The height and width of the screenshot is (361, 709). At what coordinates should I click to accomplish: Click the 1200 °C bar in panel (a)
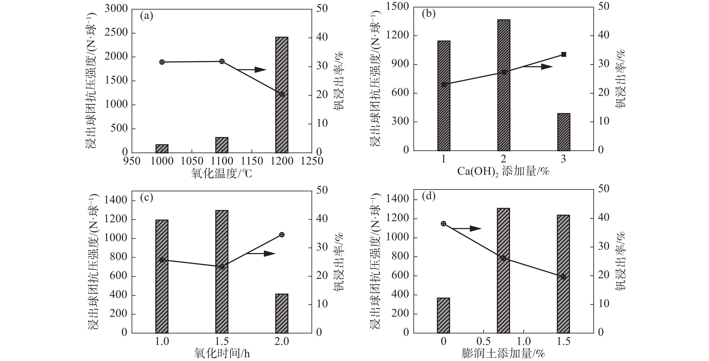click(282, 95)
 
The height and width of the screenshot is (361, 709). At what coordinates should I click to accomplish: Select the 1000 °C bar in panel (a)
click(162, 148)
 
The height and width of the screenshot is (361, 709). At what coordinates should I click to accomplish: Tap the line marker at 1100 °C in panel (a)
click(222, 61)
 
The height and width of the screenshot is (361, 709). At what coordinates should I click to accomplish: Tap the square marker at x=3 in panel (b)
click(563, 55)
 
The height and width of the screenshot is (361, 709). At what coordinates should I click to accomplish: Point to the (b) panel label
click(428, 14)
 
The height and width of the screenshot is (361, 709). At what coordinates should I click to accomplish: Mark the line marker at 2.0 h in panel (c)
click(282, 235)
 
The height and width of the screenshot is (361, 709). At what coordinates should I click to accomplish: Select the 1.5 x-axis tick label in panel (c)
click(222, 341)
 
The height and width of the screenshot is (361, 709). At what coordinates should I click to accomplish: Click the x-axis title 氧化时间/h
click(222, 354)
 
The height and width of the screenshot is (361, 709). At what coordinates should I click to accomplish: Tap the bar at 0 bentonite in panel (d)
click(443, 316)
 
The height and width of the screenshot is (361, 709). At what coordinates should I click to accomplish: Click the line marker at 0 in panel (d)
click(443, 224)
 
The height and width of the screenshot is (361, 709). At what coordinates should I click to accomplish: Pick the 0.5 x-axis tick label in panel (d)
click(483, 341)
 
